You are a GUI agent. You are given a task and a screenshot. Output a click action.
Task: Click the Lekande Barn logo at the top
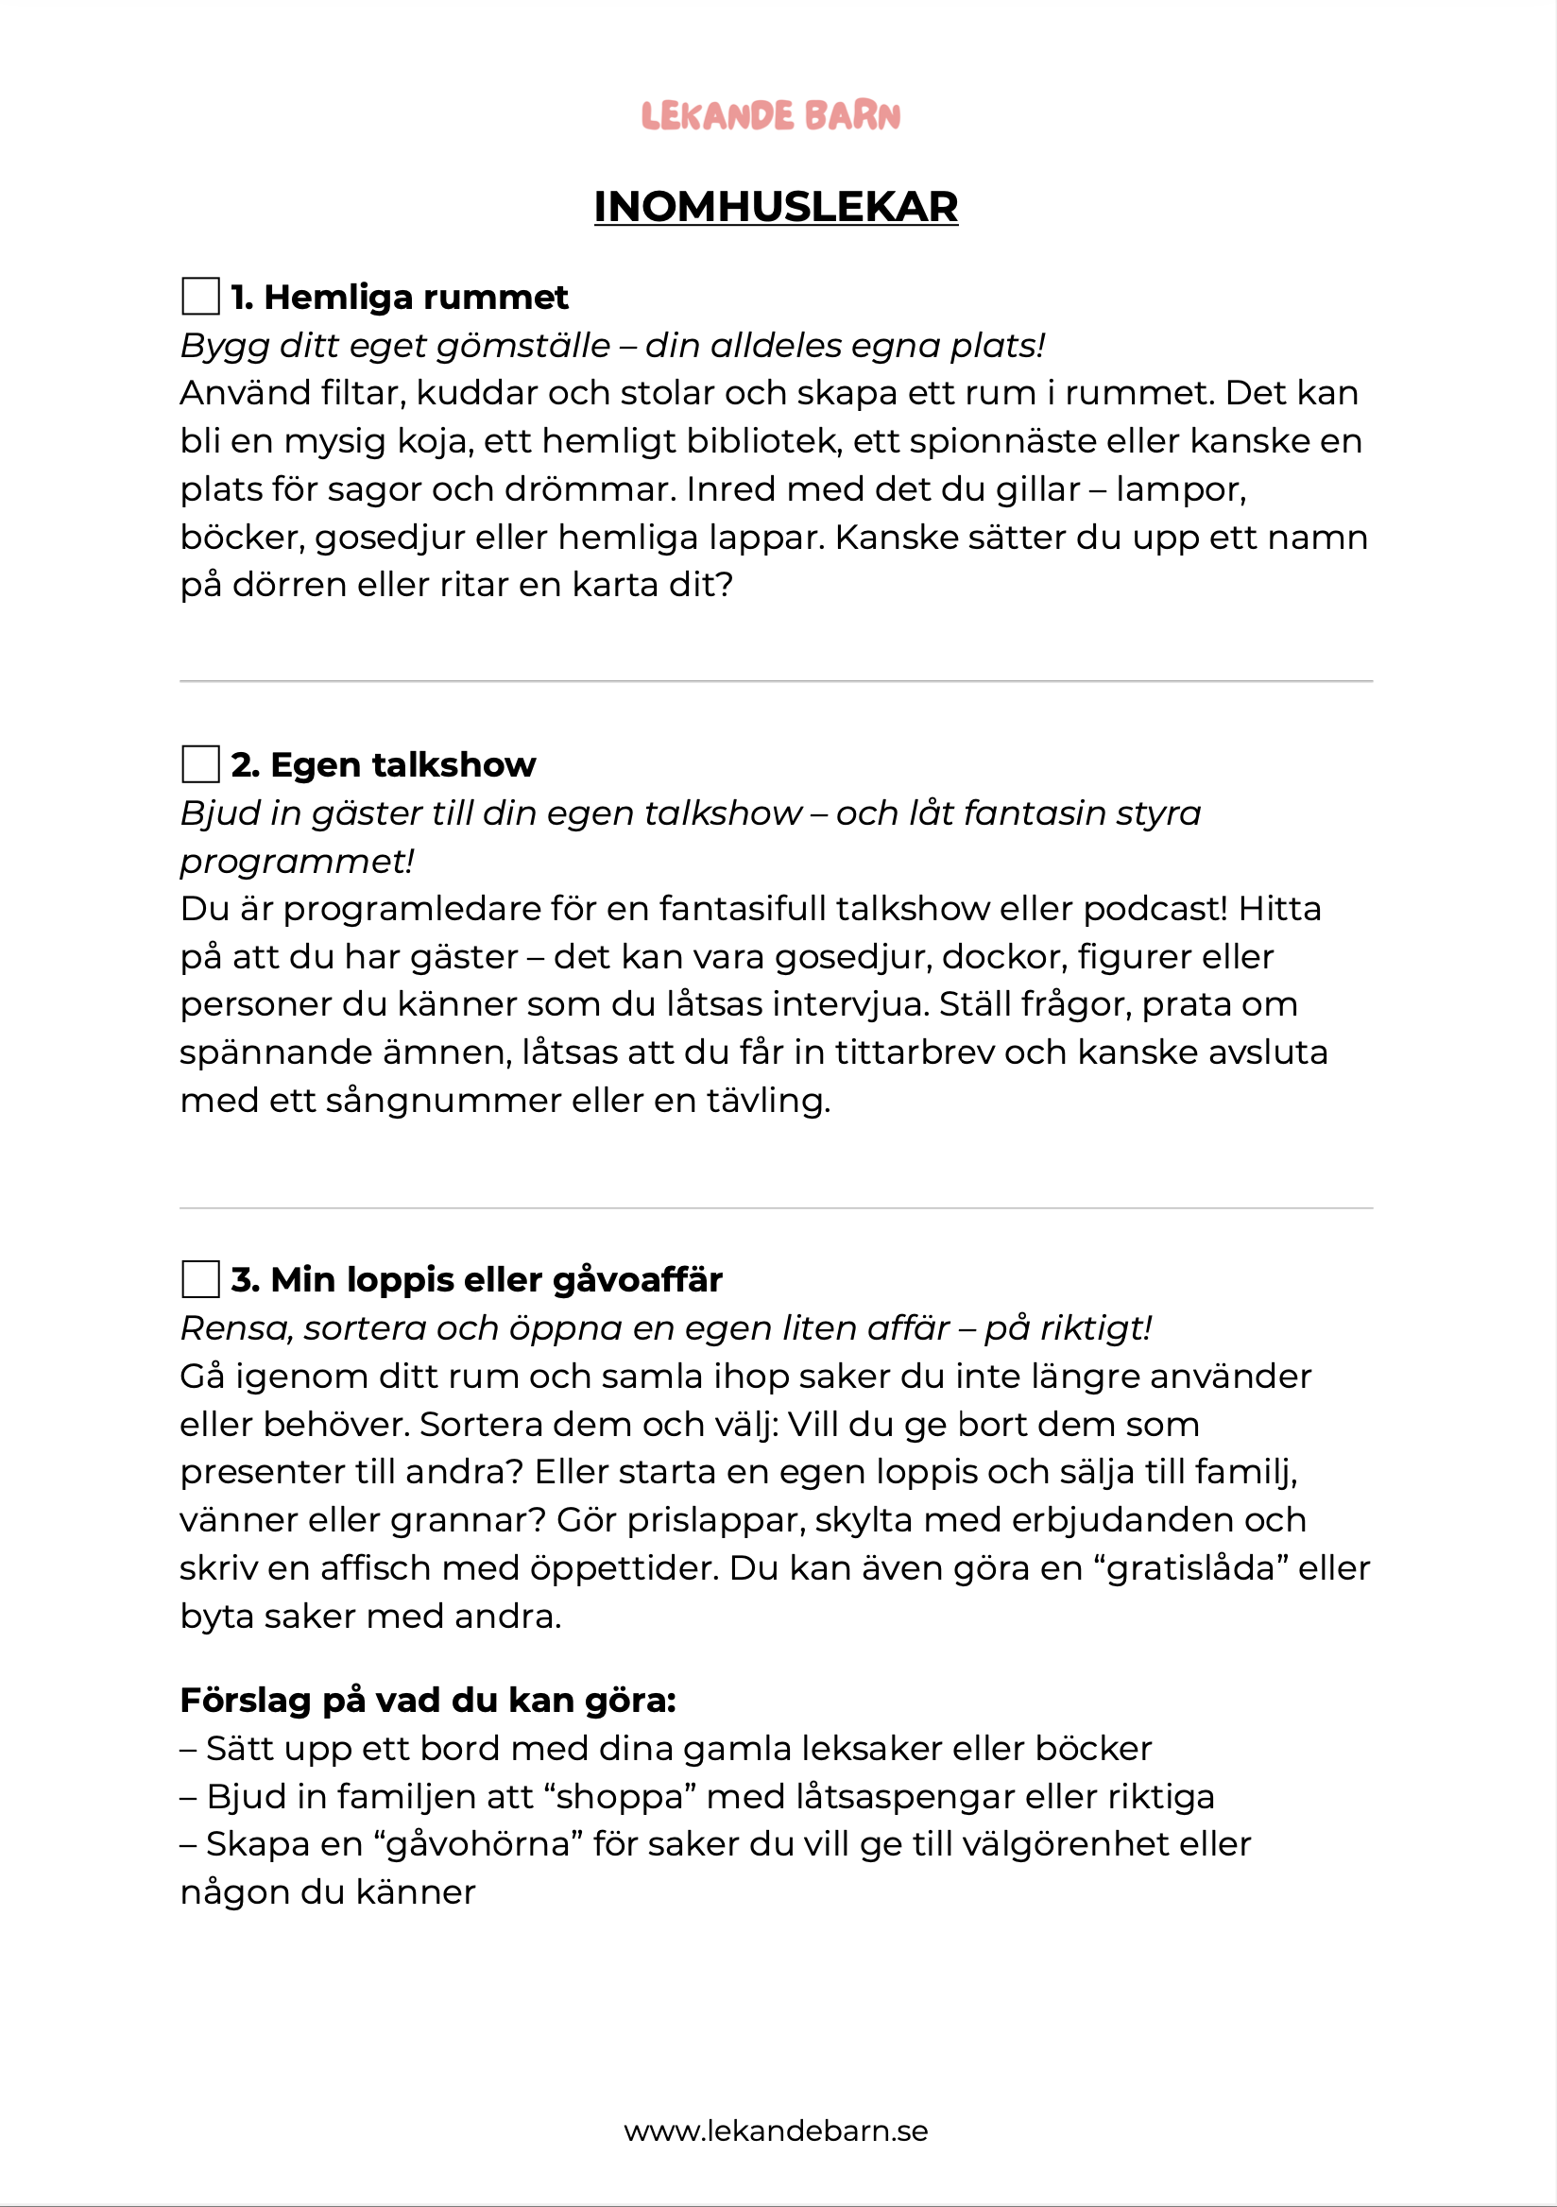[x=771, y=115]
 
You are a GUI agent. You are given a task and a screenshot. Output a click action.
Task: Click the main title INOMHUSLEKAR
[x=776, y=207]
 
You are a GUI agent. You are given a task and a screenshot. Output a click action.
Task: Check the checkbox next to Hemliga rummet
[x=200, y=296]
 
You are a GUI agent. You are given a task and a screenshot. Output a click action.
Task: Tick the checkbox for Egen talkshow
[x=200, y=764]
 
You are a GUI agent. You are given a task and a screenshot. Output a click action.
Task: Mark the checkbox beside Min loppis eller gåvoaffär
[x=200, y=1279]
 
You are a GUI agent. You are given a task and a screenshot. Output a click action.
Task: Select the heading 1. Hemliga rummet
[x=399, y=297]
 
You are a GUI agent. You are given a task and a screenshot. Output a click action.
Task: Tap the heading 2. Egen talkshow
[x=383, y=764]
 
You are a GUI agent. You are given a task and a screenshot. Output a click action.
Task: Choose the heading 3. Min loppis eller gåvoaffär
[x=476, y=1279]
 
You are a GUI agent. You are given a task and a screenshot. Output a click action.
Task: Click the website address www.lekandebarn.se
[x=776, y=2131]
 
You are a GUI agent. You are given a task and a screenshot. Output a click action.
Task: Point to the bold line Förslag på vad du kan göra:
[x=428, y=1701]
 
